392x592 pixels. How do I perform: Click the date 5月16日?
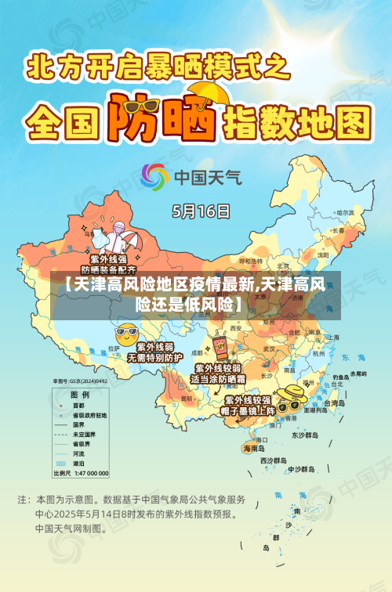tap(201, 211)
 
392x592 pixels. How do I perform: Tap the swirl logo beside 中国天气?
tap(154, 176)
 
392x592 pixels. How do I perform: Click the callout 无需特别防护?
tap(154, 356)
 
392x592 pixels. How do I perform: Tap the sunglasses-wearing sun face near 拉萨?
tap(125, 334)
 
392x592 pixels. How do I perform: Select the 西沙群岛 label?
tap(274, 460)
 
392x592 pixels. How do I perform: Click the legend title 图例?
tap(79, 394)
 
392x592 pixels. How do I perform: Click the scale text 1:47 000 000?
tap(92, 474)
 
